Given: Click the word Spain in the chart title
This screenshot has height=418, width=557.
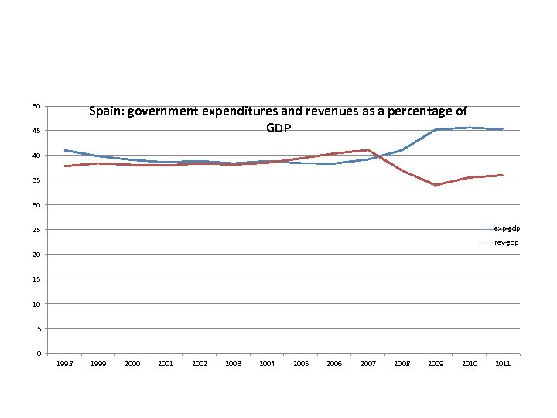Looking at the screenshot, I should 105,111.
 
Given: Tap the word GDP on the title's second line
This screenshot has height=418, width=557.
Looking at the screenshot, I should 278,128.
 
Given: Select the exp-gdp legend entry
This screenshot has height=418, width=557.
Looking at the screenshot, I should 507,228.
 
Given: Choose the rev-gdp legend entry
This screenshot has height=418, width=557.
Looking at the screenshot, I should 507,242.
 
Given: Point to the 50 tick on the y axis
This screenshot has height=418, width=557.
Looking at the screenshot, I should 36,106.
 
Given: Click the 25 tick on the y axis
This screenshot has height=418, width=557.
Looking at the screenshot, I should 36,230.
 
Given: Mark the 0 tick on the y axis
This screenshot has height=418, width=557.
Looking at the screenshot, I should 38,354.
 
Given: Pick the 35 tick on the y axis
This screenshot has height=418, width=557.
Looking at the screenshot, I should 36,180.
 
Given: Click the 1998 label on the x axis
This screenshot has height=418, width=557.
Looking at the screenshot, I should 65,364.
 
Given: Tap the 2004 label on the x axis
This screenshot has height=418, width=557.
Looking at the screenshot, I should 267,364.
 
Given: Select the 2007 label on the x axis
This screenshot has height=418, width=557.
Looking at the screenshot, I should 367,364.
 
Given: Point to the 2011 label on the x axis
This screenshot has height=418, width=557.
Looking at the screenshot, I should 502,364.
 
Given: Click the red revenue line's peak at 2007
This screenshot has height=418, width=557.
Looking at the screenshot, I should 367,150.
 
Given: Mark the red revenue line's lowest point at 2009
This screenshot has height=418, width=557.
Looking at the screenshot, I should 436,185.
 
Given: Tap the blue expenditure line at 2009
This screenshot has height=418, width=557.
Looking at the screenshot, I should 436,129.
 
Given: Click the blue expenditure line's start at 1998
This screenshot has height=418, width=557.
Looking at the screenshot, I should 66,150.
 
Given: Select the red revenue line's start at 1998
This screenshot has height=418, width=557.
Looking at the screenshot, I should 66,166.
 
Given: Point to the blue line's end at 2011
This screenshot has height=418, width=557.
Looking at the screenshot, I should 502,129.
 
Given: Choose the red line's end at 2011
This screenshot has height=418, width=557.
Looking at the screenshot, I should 502,176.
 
